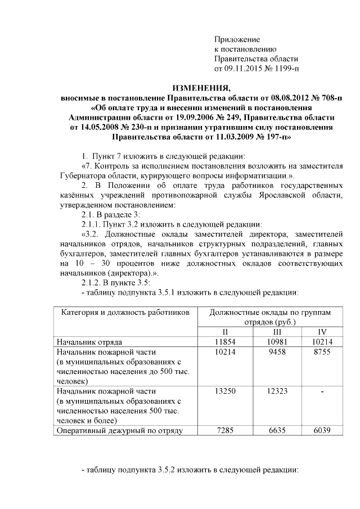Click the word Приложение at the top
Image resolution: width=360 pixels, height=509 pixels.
(x=237, y=39)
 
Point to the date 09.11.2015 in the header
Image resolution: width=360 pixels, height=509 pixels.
(x=245, y=69)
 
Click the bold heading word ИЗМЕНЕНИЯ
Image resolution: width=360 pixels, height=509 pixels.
(x=201, y=88)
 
